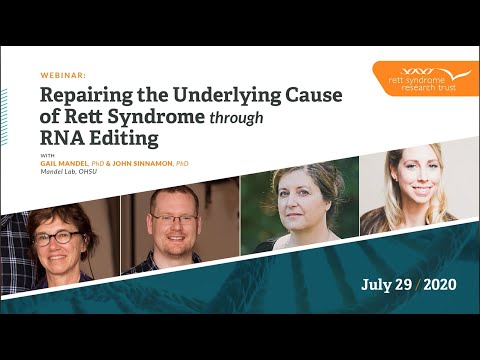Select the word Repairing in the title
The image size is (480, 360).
click(x=87, y=96)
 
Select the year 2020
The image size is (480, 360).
click(x=440, y=285)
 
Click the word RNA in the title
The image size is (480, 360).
click(x=65, y=142)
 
